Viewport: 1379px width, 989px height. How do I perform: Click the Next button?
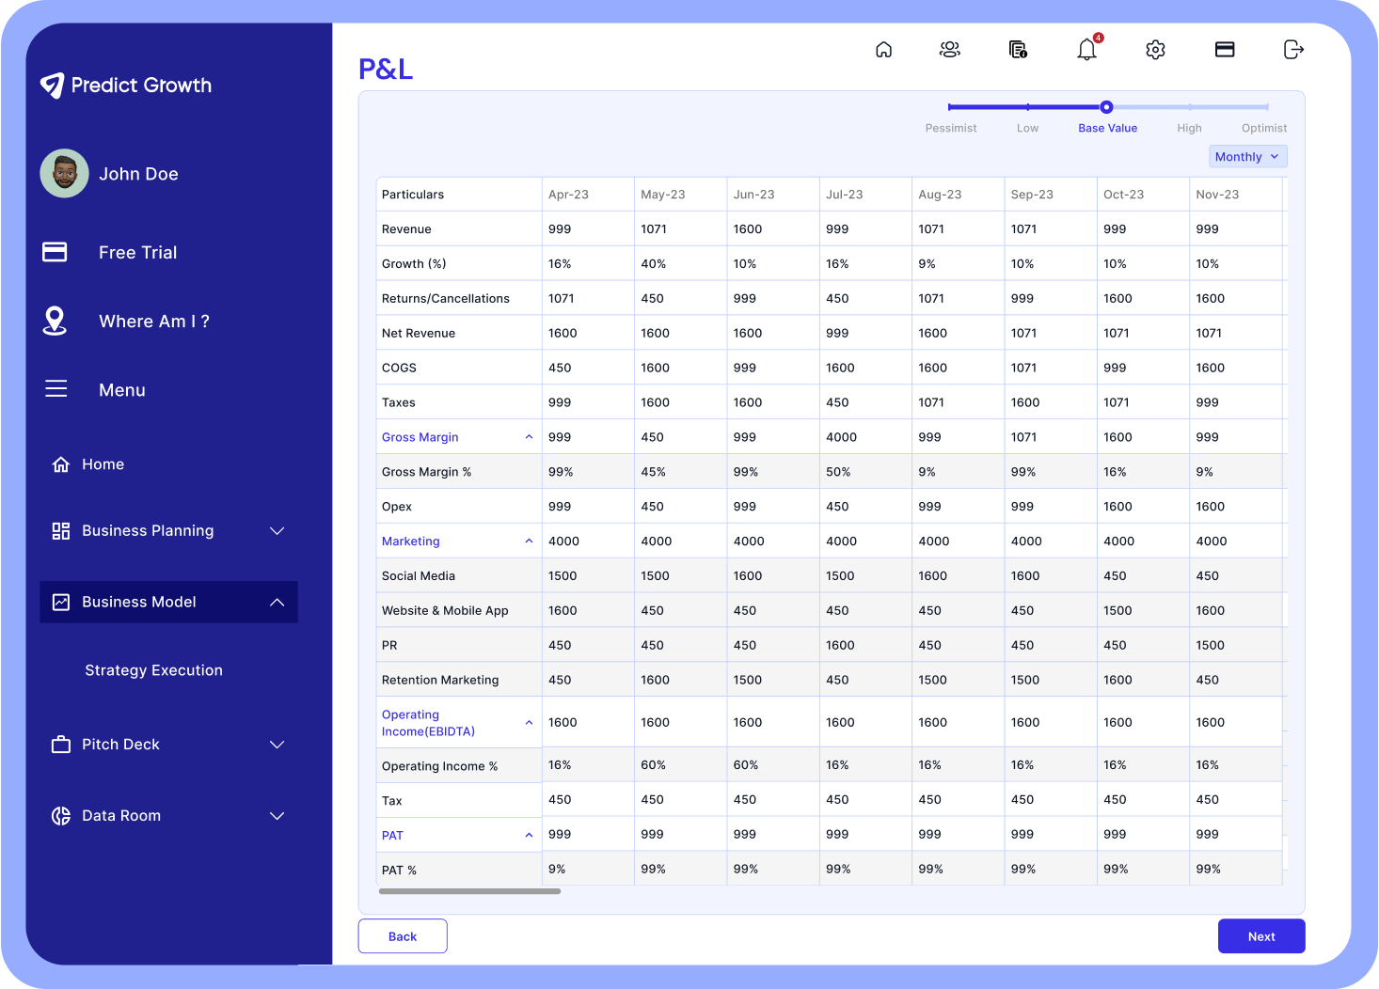tap(1260, 936)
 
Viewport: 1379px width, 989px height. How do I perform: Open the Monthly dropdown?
tap(1246, 157)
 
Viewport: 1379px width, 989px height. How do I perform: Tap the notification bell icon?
tap(1086, 50)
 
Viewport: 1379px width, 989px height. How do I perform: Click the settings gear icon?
tap(1155, 50)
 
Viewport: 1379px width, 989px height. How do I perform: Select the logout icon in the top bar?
tap(1293, 50)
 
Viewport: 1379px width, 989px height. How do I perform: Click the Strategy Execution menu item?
tap(153, 670)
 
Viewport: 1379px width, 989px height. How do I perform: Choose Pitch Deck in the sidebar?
tap(120, 745)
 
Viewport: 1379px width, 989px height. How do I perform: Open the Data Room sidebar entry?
tap(120, 816)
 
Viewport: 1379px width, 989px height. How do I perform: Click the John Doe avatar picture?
tap(65, 174)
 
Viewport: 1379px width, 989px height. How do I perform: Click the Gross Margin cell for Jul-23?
tap(841, 437)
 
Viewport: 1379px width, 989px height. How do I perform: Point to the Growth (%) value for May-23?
tap(653, 264)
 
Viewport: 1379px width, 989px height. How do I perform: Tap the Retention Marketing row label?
tap(440, 680)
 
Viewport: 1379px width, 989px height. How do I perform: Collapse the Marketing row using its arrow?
tap(529, 542)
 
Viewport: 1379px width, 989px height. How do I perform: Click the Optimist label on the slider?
tap(1263, 128)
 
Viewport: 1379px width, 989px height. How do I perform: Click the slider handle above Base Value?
tap(1106, 107)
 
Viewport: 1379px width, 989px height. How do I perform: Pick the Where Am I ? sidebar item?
tap(153, 322)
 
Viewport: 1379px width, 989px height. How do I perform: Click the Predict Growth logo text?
tap(141, 86)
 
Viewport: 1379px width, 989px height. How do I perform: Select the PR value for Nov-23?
tap(1210, 646)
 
